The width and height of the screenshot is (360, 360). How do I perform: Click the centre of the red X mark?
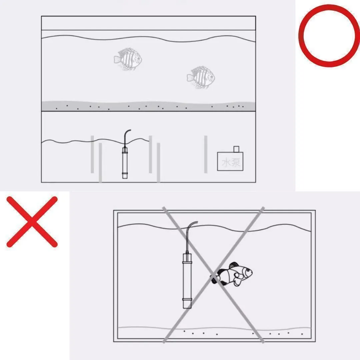point(32,222)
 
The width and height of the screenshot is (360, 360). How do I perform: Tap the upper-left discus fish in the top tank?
point(128,59)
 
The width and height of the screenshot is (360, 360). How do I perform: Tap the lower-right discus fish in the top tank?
point(201,77)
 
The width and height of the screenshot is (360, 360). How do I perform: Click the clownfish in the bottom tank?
point(232,274)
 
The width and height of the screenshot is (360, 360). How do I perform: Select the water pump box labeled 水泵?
point(230,161)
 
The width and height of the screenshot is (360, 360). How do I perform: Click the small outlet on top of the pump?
point(236,149)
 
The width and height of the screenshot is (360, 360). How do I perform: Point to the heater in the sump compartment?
point(125,163)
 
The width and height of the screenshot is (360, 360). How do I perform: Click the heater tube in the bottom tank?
point(187,281)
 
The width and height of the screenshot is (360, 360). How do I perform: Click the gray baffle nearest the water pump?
point(206,154)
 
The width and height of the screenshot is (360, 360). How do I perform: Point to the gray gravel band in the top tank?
point(148,106)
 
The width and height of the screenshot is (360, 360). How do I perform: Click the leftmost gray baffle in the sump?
point(92,154)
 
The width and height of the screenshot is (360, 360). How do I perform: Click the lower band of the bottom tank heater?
point(187,299)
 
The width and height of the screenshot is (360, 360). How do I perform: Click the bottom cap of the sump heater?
point(125,176)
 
